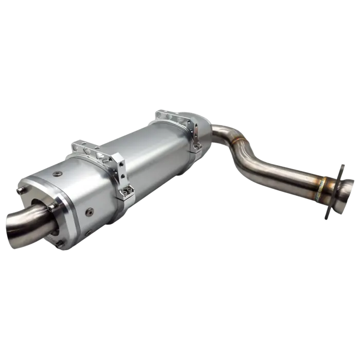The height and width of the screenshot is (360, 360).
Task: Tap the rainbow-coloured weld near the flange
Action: coord(322,187)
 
